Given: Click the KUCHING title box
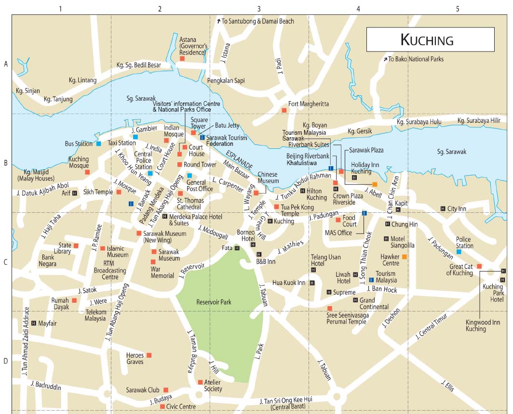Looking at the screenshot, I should click(430, 39).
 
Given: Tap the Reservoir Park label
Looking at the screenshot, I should click(214, 302).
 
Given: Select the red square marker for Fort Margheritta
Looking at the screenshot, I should click(284, 110).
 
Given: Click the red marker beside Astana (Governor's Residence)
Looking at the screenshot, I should click(182, 58).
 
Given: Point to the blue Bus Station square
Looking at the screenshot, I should click(98, 143).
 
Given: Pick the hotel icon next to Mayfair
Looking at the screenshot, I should click(33, 323).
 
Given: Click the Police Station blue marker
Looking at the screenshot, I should click(459, 252).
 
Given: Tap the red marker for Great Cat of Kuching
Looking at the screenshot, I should click(479, 266).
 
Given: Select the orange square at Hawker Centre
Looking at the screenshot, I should click(405, 257).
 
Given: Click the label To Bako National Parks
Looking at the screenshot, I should click(416, 59).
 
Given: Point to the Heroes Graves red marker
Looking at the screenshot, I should click(149, 355).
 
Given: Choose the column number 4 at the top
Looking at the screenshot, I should click(358, 8).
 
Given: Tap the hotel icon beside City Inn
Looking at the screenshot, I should click(443, 208).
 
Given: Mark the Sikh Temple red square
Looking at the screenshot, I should click(119, 192).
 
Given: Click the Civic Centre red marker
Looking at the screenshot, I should click(162, 406).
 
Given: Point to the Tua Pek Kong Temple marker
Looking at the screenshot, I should click(276, 207).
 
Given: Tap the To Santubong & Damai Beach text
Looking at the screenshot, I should click(258, 21).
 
